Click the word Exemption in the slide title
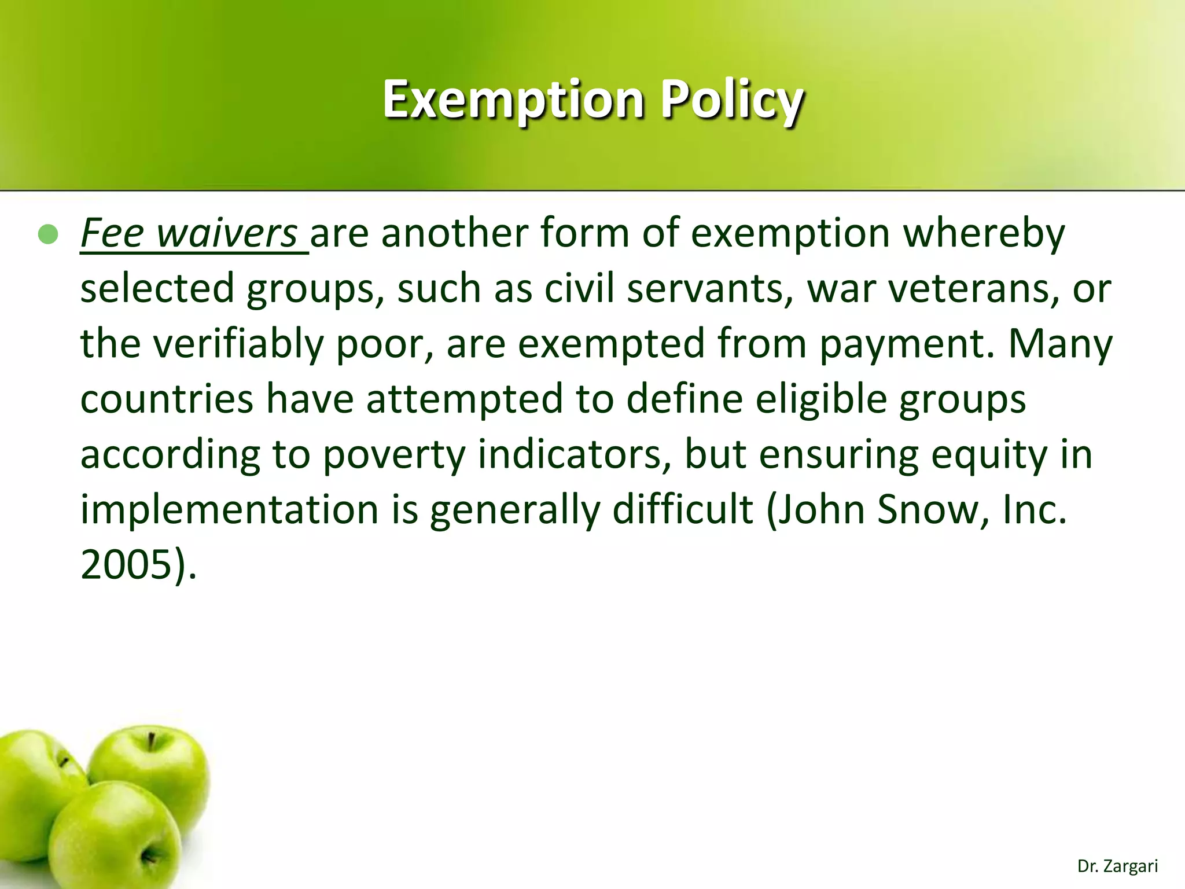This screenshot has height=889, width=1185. (x=513, y=100)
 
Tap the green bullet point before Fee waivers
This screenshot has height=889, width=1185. (x=48, y=234)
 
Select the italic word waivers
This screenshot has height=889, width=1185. (x=227, y=233)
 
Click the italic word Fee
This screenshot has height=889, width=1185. (x=112, y=233)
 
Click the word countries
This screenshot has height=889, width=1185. (x=167, y=399)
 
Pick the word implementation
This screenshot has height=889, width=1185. (x=229, y=509)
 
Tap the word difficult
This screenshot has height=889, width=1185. (x=683, y=509)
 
